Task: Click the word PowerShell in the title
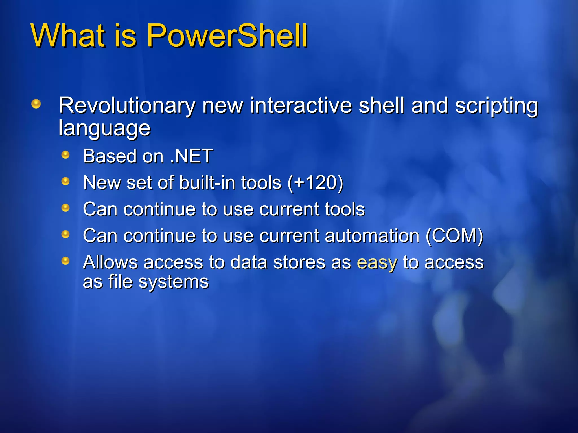pyautogui.click(x=227, y=36)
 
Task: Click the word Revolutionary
pyautogui.click(x=127, y=106)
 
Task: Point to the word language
pyautogui.click(x=104, y=129)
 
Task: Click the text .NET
pyautogui.click(x=191, y=156)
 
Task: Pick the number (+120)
pyautogui.click(x=315, y=183)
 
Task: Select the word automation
pyautogui.click(x=372, y=236)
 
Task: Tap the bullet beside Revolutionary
pyautogui.click(x=36, y=104)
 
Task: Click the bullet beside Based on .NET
pyautogui.click(x=65, y=155)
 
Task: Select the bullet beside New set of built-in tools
pyautogui.click(x=65, y=181)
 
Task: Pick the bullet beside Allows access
pyautogui.click(x=65, y=261)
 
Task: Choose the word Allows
pyautogui.click(x=110, y=262)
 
